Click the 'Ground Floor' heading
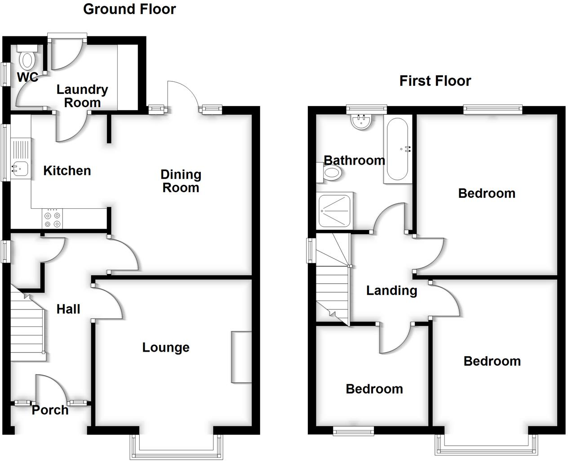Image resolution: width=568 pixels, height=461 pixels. (x=129, y=9)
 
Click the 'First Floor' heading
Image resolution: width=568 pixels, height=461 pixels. (x=435, y=81)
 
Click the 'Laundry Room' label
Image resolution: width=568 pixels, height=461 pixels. (x=82, y=96)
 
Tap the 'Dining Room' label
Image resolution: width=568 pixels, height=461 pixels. (x=181, y=181)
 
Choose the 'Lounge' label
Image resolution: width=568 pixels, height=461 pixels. (x=166, y=347)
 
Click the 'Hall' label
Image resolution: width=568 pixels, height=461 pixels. (x=68, y=309)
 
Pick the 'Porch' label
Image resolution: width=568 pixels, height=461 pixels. (x=50, y=410)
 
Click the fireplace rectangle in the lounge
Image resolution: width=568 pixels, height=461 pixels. (x=241, y=357)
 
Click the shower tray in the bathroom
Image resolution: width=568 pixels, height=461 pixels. (x=335, y=210)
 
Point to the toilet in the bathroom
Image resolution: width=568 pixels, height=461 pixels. (x=330, y=172)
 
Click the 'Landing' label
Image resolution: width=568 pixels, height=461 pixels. (x=391, y=291)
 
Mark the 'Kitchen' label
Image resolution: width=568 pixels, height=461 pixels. (x=67, y=170)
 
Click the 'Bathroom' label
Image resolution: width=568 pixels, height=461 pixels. (x=354, y=160)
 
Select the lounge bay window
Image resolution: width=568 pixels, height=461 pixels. (x=176, y=448)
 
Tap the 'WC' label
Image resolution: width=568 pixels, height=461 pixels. (x=27, y=77)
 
